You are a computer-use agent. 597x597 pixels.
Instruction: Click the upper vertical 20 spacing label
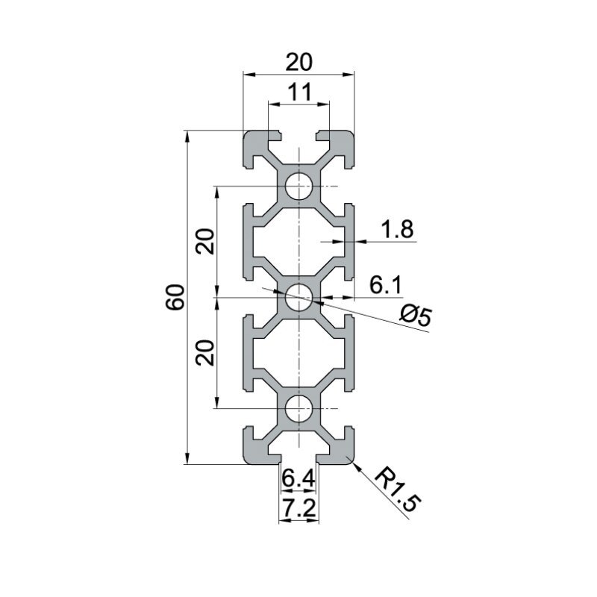click(x=207, y=240)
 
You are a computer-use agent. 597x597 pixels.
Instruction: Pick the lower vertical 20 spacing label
click(x=207, y=351)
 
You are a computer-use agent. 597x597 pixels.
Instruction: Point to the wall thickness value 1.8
click(x=396, y=230)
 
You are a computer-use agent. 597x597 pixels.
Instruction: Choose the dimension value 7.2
click(x=298, y=509)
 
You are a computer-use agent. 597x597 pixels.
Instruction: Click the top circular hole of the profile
click(x=299, y=185)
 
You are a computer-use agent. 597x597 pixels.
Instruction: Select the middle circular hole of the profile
click(x=299, y=296)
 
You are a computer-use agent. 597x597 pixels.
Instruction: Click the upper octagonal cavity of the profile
click(x=298, y=240)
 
